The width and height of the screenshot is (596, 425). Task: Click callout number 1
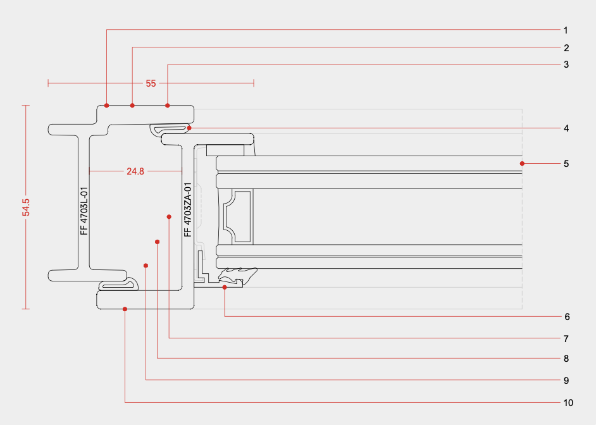(566, 30)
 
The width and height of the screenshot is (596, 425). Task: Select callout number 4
(566, 128)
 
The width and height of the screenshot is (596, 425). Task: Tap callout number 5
(566, 164)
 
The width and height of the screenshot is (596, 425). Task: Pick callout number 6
(567, 316)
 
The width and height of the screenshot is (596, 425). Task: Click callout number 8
(566, 359)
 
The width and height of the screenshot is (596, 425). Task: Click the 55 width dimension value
(151, 83)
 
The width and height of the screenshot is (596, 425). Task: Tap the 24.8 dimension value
(135, 171)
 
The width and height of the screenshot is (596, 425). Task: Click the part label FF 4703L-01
(84, 211)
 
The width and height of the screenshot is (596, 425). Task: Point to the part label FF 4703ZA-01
(187, 210)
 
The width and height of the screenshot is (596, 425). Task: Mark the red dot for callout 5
(523, 164)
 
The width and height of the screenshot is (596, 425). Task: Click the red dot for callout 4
(189, 128)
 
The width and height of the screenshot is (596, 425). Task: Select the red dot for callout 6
(225, 287)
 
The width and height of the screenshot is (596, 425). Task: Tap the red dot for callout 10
(125, 309)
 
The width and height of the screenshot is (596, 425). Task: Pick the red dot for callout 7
(169, 217)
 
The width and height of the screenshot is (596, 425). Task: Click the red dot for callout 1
(107, 105)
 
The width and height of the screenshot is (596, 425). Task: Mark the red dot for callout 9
(146, 266)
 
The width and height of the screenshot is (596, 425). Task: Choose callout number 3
(566, 65)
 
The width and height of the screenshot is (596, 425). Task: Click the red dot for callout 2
(132, 105)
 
